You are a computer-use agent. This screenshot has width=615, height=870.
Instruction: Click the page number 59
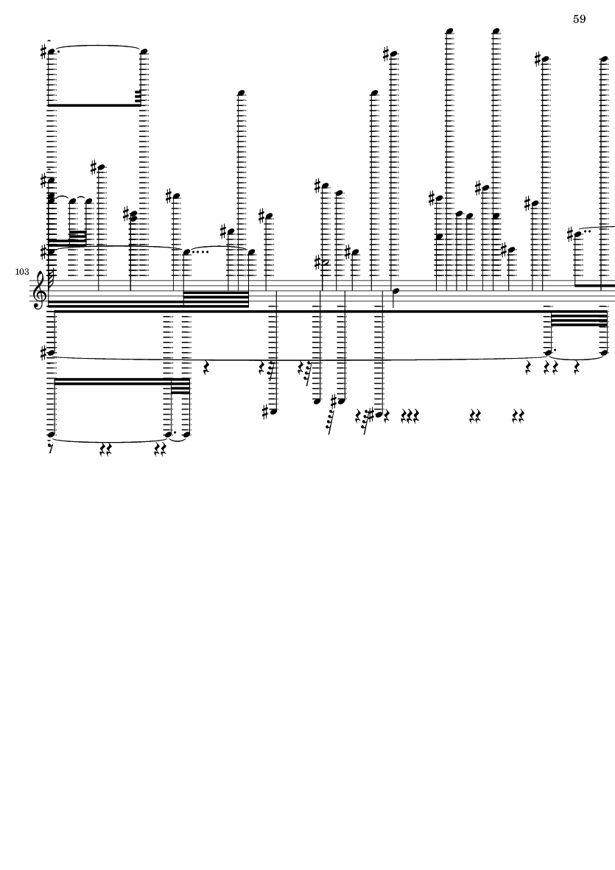579,19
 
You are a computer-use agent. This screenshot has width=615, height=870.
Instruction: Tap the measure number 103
22,272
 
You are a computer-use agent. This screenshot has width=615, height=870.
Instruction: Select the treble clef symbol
40,290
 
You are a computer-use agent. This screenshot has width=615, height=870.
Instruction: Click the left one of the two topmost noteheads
450,31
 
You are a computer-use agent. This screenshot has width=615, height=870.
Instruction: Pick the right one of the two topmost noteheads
496,31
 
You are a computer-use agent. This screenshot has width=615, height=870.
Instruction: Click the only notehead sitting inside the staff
396,291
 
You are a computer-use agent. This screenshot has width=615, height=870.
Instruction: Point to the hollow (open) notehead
326,262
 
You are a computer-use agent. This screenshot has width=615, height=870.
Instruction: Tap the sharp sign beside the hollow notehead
317,262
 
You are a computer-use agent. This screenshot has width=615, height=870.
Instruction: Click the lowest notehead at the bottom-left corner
51,435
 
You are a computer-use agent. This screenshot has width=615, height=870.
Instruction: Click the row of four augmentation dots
201,253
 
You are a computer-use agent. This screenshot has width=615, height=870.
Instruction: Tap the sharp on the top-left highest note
43,52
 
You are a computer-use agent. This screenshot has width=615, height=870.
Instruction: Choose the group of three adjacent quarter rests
410,415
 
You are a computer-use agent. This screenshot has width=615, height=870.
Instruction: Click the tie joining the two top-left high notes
98,46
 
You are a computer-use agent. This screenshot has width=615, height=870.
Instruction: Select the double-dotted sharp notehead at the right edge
578,234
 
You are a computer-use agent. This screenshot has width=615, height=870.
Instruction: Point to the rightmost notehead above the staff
605,58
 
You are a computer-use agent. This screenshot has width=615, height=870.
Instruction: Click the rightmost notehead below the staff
605,352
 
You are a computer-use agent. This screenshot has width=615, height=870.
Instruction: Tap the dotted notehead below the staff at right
549,352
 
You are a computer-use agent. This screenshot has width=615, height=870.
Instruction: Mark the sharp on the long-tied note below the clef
43,353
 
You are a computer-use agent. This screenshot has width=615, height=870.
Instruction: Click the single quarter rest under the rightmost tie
577,367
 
